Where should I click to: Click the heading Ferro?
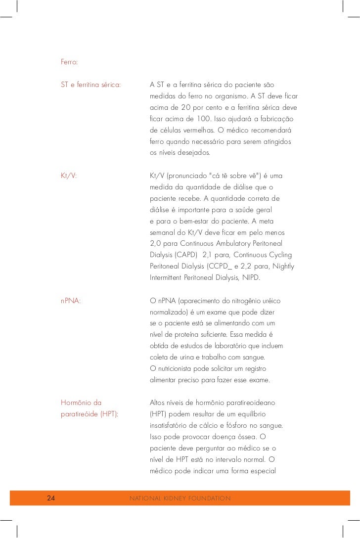click(69, 63)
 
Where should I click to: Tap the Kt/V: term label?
click(69, 176)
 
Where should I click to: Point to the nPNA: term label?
click(71, 300)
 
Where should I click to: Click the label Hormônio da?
click(81, 403)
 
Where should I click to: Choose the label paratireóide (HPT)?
click(90, 414)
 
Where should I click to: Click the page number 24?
click(51, 498)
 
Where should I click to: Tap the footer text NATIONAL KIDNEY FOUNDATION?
click(180, 498)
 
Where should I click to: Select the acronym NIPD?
click(250, 278)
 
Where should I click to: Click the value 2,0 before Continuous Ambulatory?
click(156, 244)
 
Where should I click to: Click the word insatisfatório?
click(173, 425)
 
